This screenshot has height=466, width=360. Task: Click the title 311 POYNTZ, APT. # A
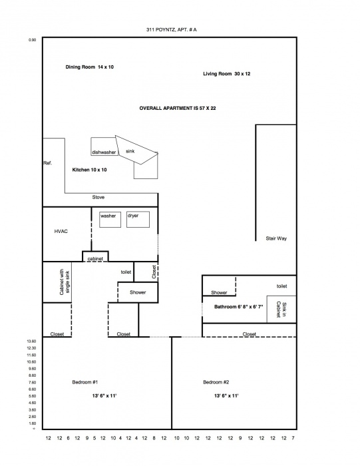coord(172,30)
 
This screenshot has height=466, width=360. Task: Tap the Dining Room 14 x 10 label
coord(89,67)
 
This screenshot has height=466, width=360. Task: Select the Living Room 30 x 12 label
coord(227,74)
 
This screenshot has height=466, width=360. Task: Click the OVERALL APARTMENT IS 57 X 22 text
coord(178,108)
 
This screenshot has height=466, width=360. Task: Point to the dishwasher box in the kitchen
coord(103,146)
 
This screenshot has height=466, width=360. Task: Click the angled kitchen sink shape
coord(136,150)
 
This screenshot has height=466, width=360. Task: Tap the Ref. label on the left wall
coord(47,163)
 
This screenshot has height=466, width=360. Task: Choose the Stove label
coord(98,197)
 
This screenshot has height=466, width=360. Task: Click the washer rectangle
coord(110,220)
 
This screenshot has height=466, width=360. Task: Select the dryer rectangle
coord(138,220)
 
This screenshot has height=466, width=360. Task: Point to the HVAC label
coord(61,231)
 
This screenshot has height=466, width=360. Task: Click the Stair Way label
coord(276,238)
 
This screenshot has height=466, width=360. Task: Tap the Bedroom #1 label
coord(85,382)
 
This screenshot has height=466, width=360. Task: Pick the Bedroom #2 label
coord(216,382)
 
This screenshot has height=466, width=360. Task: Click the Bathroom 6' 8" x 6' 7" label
coord(239,307)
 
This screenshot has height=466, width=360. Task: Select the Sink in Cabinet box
coord(281,309)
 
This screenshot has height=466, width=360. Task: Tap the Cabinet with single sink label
coord(65,282)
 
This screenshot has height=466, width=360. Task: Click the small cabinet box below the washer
coord(95,256)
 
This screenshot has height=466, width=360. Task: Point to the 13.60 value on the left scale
coord(32,341)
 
